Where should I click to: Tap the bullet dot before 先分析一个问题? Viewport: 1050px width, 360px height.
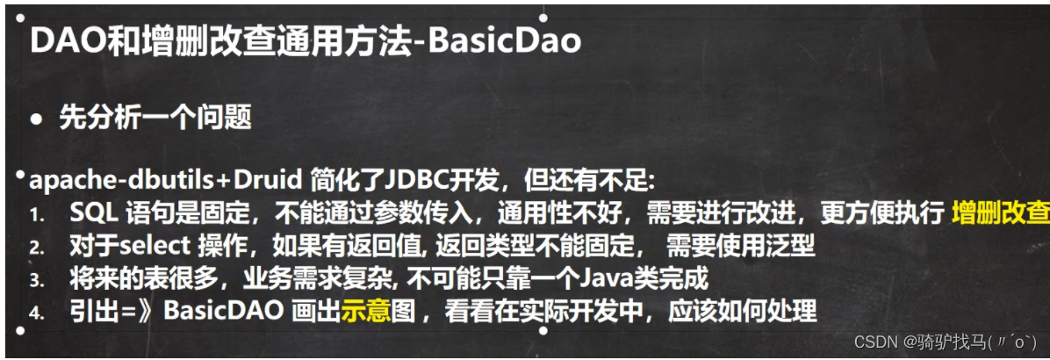(x=36, y=118)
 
